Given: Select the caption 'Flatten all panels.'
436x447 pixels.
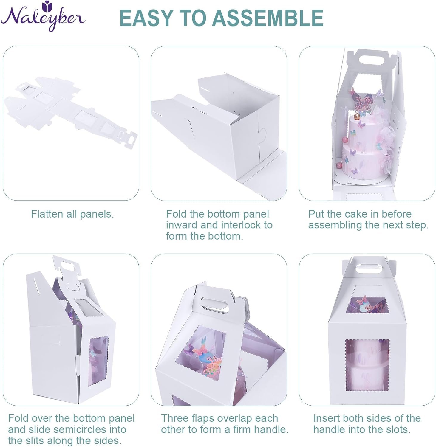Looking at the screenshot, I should coord(72,214).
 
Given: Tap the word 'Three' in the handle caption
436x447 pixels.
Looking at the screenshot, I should coord(175,418).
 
